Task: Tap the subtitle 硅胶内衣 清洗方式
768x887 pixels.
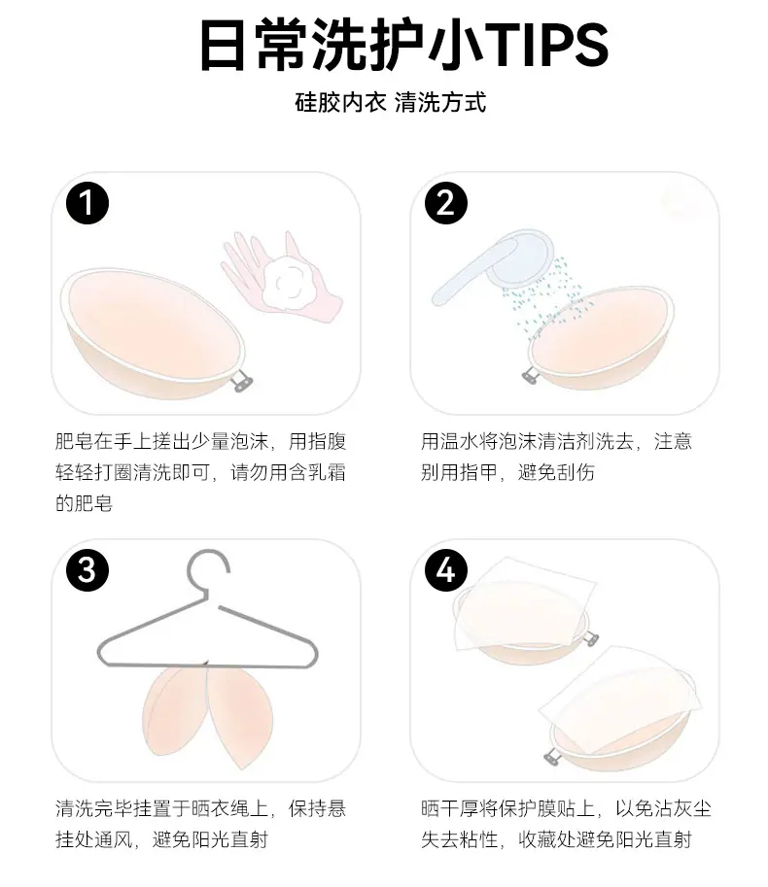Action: pos(391,102)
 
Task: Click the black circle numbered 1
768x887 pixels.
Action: pos(87,203)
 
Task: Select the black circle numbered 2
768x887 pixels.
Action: pos(446,203)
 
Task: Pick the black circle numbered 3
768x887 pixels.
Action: pos(87,569)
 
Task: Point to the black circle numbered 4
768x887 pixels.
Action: pos(446,569)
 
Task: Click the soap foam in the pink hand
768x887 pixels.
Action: pos(287,282)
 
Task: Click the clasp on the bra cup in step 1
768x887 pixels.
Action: pos(242,379)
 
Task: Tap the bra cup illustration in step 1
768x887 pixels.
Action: pos(153,334)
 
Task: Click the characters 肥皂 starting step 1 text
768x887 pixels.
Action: pos(74,441)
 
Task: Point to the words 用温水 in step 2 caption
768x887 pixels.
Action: pos(450,441)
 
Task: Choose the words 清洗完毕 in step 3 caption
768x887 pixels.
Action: pos(94,808)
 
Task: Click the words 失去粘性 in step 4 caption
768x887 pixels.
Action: pos(460,839)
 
